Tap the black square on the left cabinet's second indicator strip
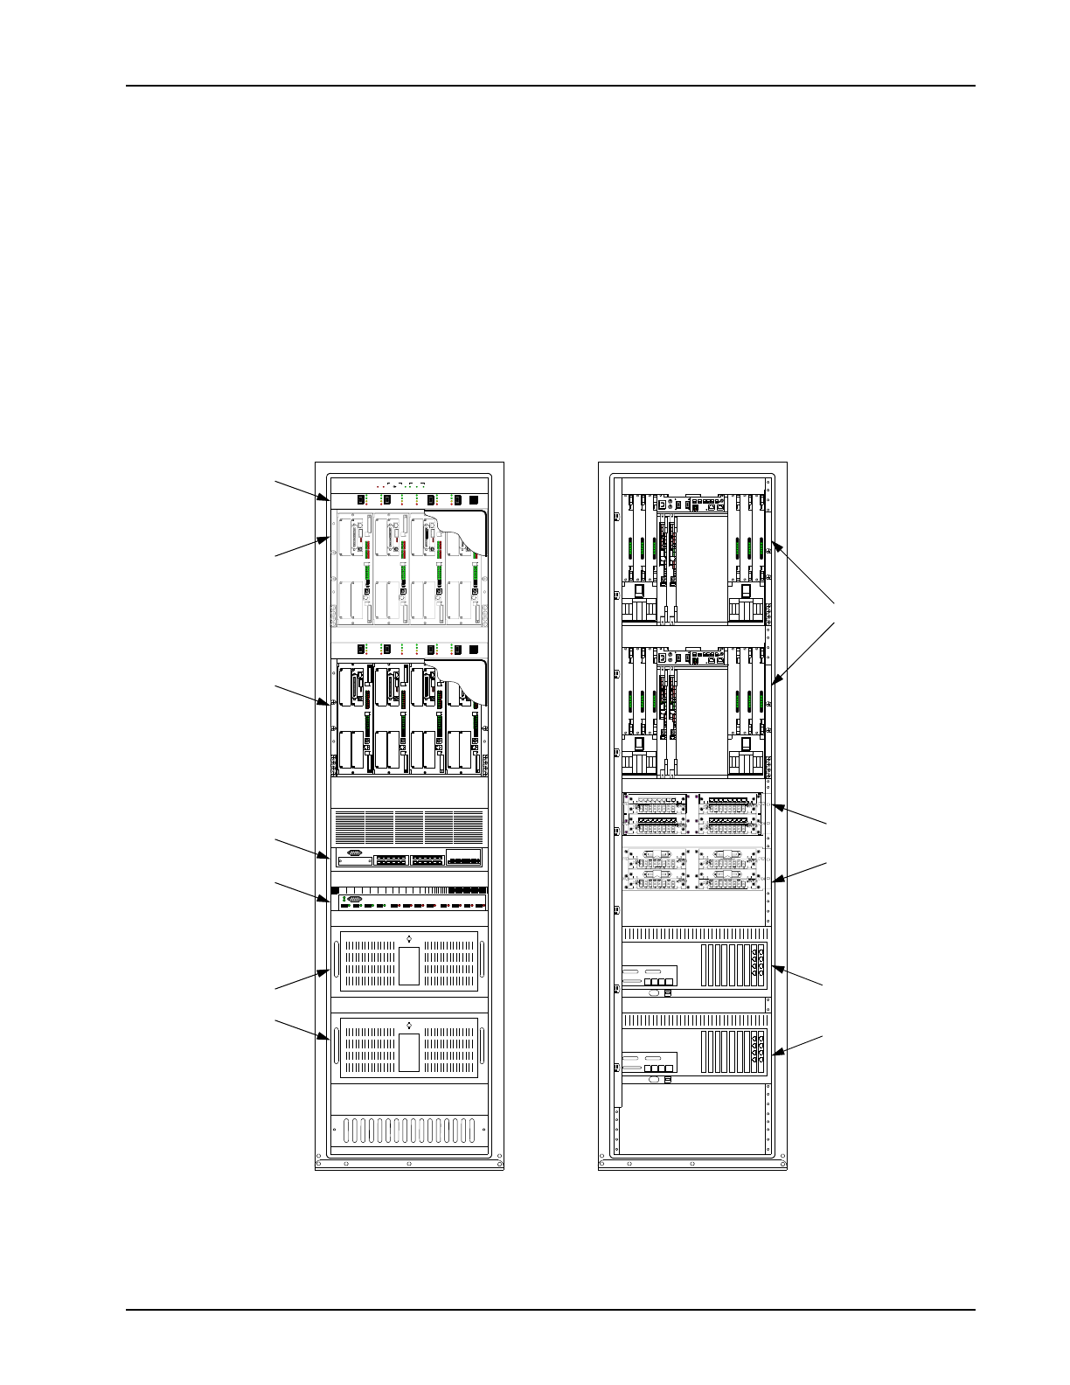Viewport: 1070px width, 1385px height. (x=475, y=650)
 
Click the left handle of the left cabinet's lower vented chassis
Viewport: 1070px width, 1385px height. (x=334, y=1044)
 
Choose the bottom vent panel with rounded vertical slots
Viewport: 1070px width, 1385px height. (x=409, y=1131)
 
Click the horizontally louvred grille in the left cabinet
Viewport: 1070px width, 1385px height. (x=409, y=825)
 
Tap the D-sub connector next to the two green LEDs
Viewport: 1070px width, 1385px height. (x=354, y=898)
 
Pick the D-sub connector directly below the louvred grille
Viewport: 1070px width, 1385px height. (x=354, y=853)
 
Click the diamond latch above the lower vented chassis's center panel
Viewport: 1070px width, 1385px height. (x=409, y=1024)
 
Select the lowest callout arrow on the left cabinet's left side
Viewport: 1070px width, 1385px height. (x=302, y=1027)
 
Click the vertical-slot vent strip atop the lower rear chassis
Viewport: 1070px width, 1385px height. (x=695, y=1020)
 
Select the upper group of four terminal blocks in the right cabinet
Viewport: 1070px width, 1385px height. (x=693, y=813)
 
